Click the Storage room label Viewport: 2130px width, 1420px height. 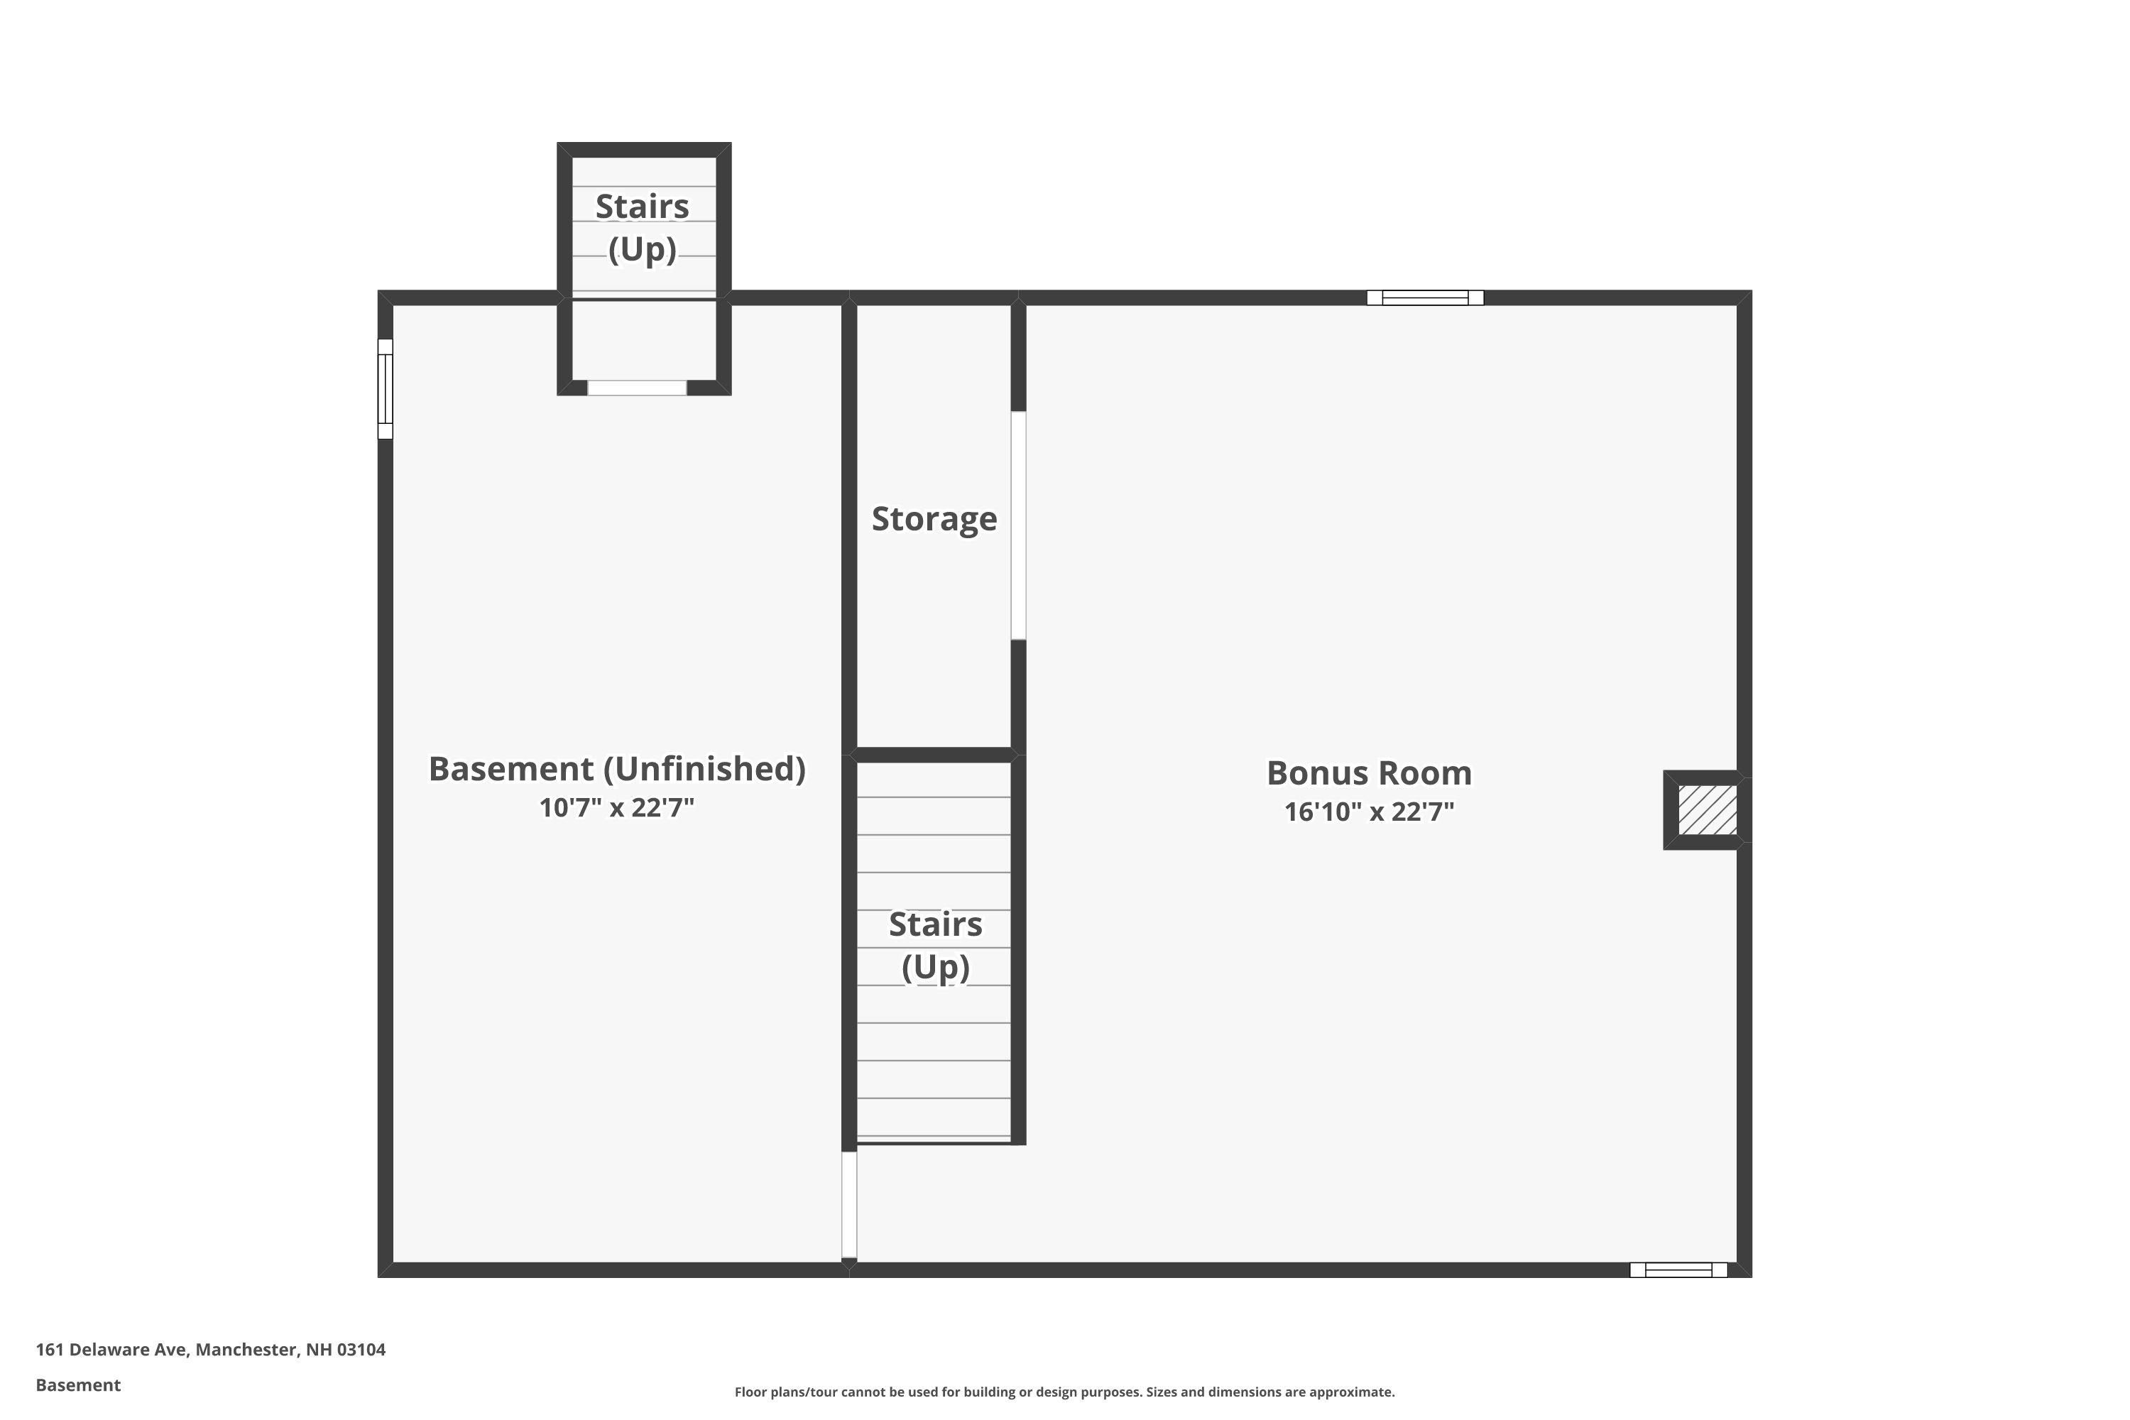(934, 519)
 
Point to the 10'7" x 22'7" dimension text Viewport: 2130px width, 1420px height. (617, 807)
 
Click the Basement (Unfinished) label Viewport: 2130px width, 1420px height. (617, 769)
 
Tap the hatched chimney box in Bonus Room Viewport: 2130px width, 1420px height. (1707, 809)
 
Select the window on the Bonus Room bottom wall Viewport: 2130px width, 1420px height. (1678, 1269)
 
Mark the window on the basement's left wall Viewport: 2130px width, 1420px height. (385, 388)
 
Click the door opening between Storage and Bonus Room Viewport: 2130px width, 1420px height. (1018, 525)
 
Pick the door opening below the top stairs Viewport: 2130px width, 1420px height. (637, 388)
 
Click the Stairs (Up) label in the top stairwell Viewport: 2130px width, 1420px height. (642, 227)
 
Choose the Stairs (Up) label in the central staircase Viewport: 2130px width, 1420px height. (936, 946)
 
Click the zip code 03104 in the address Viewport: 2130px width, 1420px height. (361, 1350)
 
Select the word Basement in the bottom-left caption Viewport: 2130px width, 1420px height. (78, 1384)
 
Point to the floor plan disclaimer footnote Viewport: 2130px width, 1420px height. (1064, 1392)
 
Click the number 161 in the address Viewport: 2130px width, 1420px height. (50, 1350)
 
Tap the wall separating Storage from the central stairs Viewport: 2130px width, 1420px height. (934, 754)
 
